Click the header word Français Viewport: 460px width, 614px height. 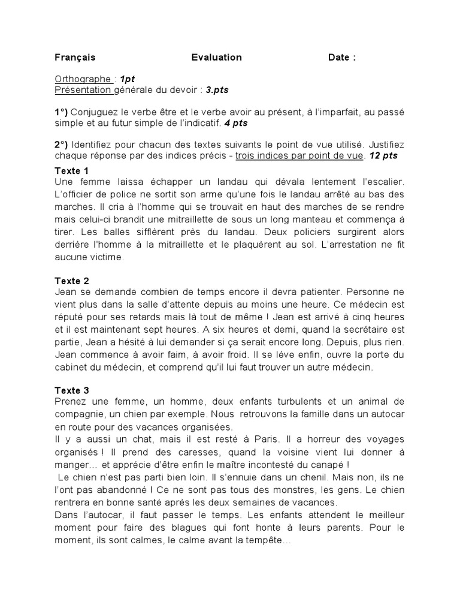(75, 58)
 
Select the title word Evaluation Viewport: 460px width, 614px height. (217, 58)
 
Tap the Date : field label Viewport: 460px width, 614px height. (342, 58)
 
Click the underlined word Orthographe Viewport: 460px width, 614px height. (83, 79)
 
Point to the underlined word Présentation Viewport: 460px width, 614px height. (83, 90)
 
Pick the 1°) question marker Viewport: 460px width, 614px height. (62, 112)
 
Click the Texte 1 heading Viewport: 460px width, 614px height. (72, 170)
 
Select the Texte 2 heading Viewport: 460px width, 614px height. (72, 280)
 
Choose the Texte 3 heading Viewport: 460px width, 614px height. (72, 390)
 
